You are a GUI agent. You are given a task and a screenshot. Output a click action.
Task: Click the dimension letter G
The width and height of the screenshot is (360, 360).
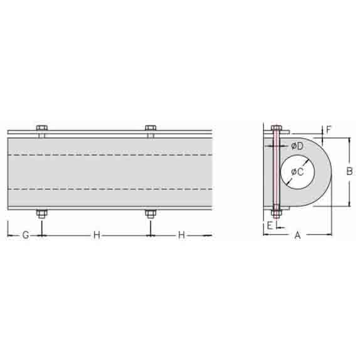[x=26, y=235]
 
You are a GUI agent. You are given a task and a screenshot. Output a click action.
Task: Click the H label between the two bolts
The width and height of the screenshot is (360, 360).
[x=97, y=235]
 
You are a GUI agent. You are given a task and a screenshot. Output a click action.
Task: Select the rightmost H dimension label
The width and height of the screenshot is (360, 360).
[x=181, y=235]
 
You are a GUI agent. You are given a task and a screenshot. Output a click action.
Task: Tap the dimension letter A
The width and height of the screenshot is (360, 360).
[x=297, y=235]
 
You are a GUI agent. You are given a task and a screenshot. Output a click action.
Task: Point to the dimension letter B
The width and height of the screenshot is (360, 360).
[x=349, y=171]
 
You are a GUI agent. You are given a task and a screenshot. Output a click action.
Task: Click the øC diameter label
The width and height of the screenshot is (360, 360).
[x=297, y=172]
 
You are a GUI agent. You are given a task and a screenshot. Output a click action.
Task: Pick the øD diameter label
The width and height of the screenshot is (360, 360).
[x=297, y=146]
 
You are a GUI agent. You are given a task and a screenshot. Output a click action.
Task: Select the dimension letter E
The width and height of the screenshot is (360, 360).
[x=270, y=225]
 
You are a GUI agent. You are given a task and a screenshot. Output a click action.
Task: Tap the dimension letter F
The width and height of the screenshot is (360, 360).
[x=329, y=130]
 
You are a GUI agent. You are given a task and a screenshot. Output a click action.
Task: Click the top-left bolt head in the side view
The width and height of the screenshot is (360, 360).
[x=42, y=128]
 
